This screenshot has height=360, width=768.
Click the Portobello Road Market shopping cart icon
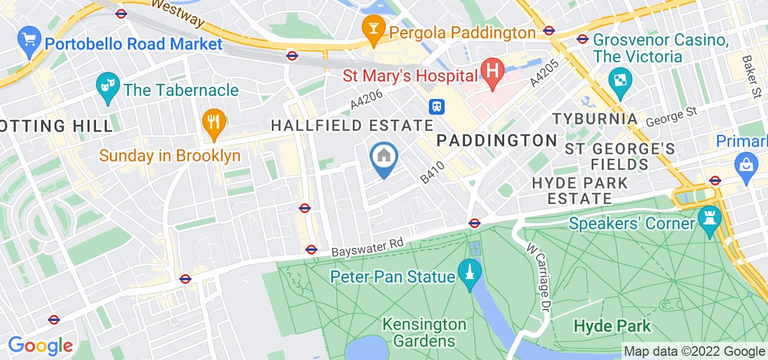pyautogui.click(x=29, y=41)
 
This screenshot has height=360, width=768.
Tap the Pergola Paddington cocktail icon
pyautogui.click(x=374, y=29)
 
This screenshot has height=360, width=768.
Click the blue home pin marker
pyautogui.click(x=384, y=158)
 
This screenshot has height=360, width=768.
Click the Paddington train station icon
pyautogui.click(x=437, y=106)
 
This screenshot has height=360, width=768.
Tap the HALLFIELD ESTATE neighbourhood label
pyautogui.click(x=352, y=125)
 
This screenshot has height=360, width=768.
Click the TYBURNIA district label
pyautogui.click(x=594, y=118)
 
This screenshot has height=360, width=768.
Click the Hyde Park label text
pyautogui.click(x=612, y=326)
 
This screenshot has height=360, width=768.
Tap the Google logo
pyautogui.click(x=40, y=346)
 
